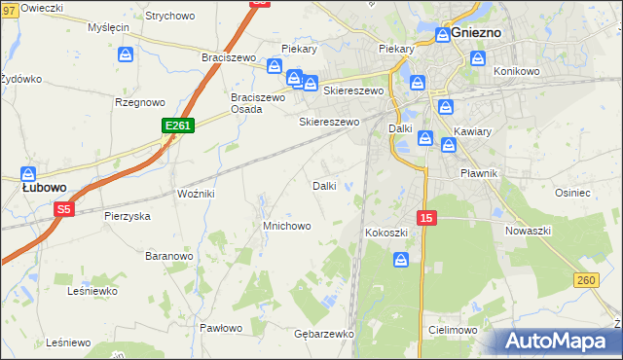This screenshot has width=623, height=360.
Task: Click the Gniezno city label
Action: coord(476,32)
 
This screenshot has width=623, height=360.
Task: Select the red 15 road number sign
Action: coord(425,218)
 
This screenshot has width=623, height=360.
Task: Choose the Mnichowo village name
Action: coord(286,226)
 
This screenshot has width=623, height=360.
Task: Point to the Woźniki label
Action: coord(196,194)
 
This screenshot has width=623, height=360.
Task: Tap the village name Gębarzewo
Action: coord(323,333)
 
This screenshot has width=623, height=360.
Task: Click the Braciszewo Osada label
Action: coord(257,103)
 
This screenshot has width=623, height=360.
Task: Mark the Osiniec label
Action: coord(572,193)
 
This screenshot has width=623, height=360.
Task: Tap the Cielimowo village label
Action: coord(451,331)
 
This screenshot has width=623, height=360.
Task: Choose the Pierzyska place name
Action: coord(128,216)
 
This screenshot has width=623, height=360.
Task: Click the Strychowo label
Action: coord(169,17)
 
